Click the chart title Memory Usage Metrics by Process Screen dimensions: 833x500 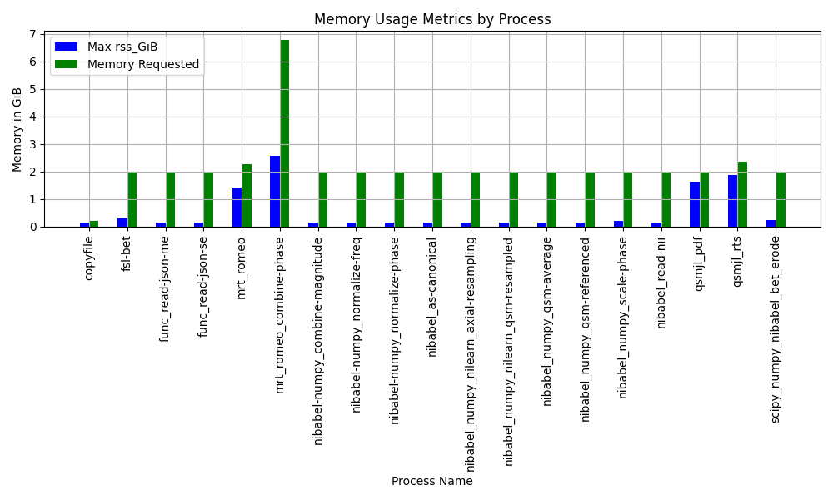(431, 19)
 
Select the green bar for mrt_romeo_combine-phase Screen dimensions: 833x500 (285, 133)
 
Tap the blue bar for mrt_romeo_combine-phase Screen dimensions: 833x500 (275, 191)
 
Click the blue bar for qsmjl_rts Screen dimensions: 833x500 (733, 201)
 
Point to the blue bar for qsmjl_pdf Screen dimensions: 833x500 (695, 204)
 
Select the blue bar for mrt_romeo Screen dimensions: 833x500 (237, 207)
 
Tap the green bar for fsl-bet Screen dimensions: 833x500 (132, 199)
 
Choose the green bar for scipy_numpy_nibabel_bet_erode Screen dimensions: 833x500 (781, 199)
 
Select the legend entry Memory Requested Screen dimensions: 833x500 (142, 64)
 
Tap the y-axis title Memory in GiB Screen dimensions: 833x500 (17, 130)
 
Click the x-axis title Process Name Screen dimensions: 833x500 (431, 481)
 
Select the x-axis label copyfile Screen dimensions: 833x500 (89, 257)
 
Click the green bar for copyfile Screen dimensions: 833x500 (94, 223)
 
